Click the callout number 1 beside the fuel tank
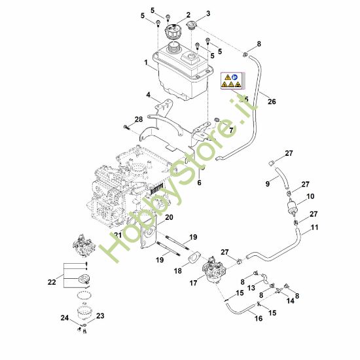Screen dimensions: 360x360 tap(146, 62)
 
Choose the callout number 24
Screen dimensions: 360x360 tap(64, 318)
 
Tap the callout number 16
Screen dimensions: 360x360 tap(258, 319)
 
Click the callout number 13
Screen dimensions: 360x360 tap(251, 287)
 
